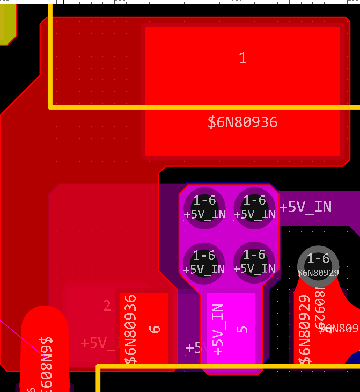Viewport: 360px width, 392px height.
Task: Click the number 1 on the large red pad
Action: coord(243,58)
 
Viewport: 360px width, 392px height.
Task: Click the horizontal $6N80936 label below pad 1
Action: coord(243,122)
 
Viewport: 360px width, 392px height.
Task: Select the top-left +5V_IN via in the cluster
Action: coord(204,207)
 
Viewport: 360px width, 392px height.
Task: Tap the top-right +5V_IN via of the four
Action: coord(254,207)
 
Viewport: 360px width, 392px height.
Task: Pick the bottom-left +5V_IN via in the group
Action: coord(204,262)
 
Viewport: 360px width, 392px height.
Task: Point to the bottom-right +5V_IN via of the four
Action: coord(254,262)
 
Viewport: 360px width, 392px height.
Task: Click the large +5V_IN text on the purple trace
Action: coord(305,207)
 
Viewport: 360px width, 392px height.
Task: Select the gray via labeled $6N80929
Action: coord(318,266)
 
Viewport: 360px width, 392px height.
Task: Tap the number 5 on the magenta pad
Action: coord(243,328)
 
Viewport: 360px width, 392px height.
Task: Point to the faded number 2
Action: coord(107,306)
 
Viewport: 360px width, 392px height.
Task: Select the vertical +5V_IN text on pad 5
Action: coord(217,329)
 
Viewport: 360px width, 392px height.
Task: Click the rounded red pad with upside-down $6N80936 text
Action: coord(45,349)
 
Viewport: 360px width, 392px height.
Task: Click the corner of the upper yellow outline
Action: coord(51,106)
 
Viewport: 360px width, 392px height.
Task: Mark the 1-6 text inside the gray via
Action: coord(318,259)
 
